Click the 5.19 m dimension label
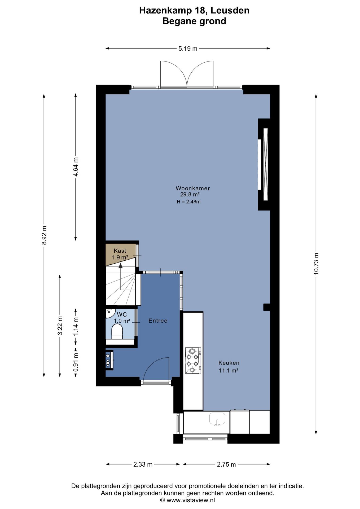click(x=188, y=49)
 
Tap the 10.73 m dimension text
click(x=316, y=264)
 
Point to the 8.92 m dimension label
click(x=44, y=235)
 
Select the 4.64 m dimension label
click(x=76, y=167)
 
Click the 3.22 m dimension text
click(x=60, y=326)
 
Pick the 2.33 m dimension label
click(x=143, y=464)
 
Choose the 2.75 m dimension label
click(x=226, y=464)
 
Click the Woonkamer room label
click(x=193, y=188)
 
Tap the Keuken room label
click(x=229, y=363)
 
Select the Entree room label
click(x=158, y=321)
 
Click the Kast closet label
click(x=120, y=251)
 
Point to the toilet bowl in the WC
click(x=117, y=332)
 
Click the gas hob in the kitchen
click(x=193, y=361)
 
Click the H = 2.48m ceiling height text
click(x=188, y=202)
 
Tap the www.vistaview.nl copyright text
click(x=187, y=500)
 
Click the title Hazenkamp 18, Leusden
click(x=194, y=10)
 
